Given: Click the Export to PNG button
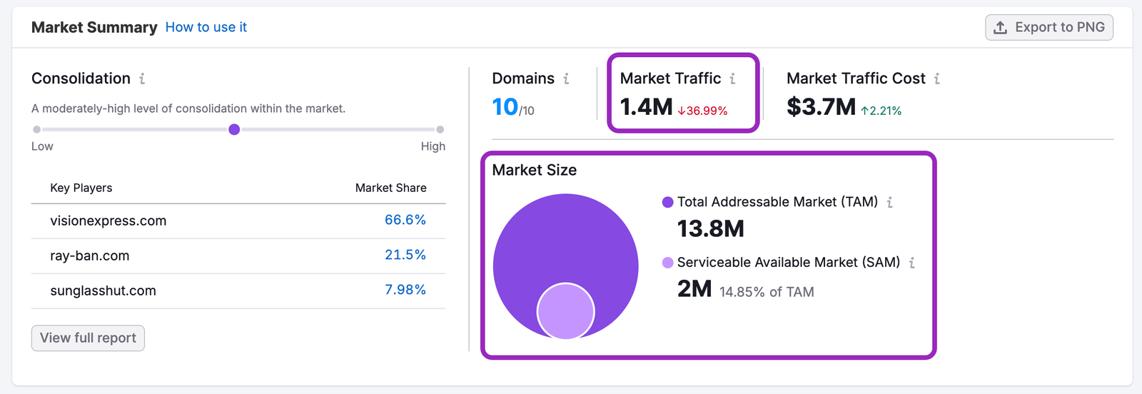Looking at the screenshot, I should point(1049,28).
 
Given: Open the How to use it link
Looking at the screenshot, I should point(206,27).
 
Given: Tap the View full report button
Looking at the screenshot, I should point(88,338).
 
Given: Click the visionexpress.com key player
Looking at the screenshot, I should point(108,221).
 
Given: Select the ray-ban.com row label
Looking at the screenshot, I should point(89,256).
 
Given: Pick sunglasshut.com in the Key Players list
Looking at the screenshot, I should point(103,291).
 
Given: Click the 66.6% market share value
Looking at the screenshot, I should point(405,221).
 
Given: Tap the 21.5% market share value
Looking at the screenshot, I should point(405,256).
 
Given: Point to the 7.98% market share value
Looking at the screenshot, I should point(405,291).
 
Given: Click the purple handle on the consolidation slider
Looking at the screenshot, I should point(234,130).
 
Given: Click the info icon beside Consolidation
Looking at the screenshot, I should point(142,79).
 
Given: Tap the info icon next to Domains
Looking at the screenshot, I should point(566,79).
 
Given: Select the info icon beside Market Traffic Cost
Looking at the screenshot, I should point(936,79).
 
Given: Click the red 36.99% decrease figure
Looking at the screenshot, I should point(703,111).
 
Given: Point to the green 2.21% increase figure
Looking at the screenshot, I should point(881,111).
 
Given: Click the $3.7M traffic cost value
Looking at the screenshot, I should point(821,107).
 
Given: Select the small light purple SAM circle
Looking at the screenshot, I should point(565,312).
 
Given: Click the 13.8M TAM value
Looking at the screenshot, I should point(710,229).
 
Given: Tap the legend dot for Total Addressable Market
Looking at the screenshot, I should point(668,203).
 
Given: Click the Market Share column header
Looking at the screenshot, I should point(390,188).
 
